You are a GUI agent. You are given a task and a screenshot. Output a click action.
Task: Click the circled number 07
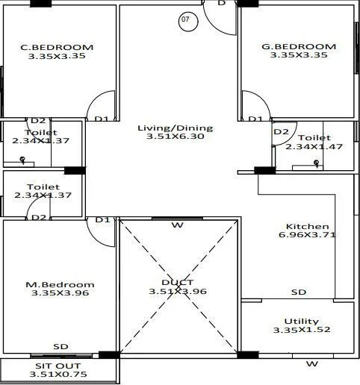(185, 20)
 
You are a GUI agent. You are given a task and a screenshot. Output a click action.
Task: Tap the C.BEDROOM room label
(57, 46)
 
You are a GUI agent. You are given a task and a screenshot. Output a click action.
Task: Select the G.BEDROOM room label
(299, 46)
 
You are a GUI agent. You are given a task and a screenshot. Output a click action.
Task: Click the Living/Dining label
(175, 128)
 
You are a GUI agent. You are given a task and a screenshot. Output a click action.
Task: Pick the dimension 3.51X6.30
(175, 137)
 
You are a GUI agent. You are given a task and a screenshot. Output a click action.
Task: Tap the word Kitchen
(308, 226)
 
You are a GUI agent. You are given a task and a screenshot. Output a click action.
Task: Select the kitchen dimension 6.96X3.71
(308, 236)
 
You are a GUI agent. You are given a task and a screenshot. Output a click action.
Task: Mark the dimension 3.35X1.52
(298, 329)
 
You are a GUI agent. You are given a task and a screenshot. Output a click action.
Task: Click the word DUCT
(177, 282)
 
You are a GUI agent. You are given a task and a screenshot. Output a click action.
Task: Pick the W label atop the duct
(177, 225)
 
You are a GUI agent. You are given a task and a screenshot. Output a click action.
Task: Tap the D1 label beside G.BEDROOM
(255, 119)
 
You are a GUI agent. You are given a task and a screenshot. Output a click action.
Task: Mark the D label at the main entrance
(221, 4)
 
